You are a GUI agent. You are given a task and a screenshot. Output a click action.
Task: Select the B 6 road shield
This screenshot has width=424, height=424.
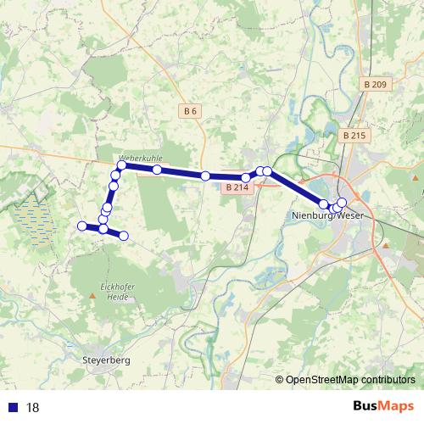[x=190, y=111]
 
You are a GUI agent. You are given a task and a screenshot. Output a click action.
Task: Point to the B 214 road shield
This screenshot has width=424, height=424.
[x=237, y=187]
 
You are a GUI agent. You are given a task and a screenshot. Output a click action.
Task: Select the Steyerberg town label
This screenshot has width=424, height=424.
[x=108, y=360]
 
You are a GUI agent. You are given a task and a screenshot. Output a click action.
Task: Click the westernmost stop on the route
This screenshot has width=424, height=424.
[x=82, y=226]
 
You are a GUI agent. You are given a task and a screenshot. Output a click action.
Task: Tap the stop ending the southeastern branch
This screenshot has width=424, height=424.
[x=124, y=235]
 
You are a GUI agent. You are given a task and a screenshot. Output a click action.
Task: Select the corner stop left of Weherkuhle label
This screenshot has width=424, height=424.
[x=121, y=166]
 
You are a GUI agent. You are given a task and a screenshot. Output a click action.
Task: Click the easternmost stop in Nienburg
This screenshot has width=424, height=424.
[x=343, y=203]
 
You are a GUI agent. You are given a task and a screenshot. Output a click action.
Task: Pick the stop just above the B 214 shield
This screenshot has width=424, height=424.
[x=246, y=178]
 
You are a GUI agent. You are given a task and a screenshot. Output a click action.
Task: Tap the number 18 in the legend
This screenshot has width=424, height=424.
[x=33, y=408]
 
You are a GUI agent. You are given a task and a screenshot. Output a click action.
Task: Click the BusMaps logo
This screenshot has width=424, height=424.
[x=382, y=407]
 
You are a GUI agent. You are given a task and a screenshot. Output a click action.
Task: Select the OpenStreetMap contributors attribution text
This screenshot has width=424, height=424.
[x=350, y=380]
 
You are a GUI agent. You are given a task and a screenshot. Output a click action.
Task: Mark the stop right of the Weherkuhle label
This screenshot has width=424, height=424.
[x=158, y=170]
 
